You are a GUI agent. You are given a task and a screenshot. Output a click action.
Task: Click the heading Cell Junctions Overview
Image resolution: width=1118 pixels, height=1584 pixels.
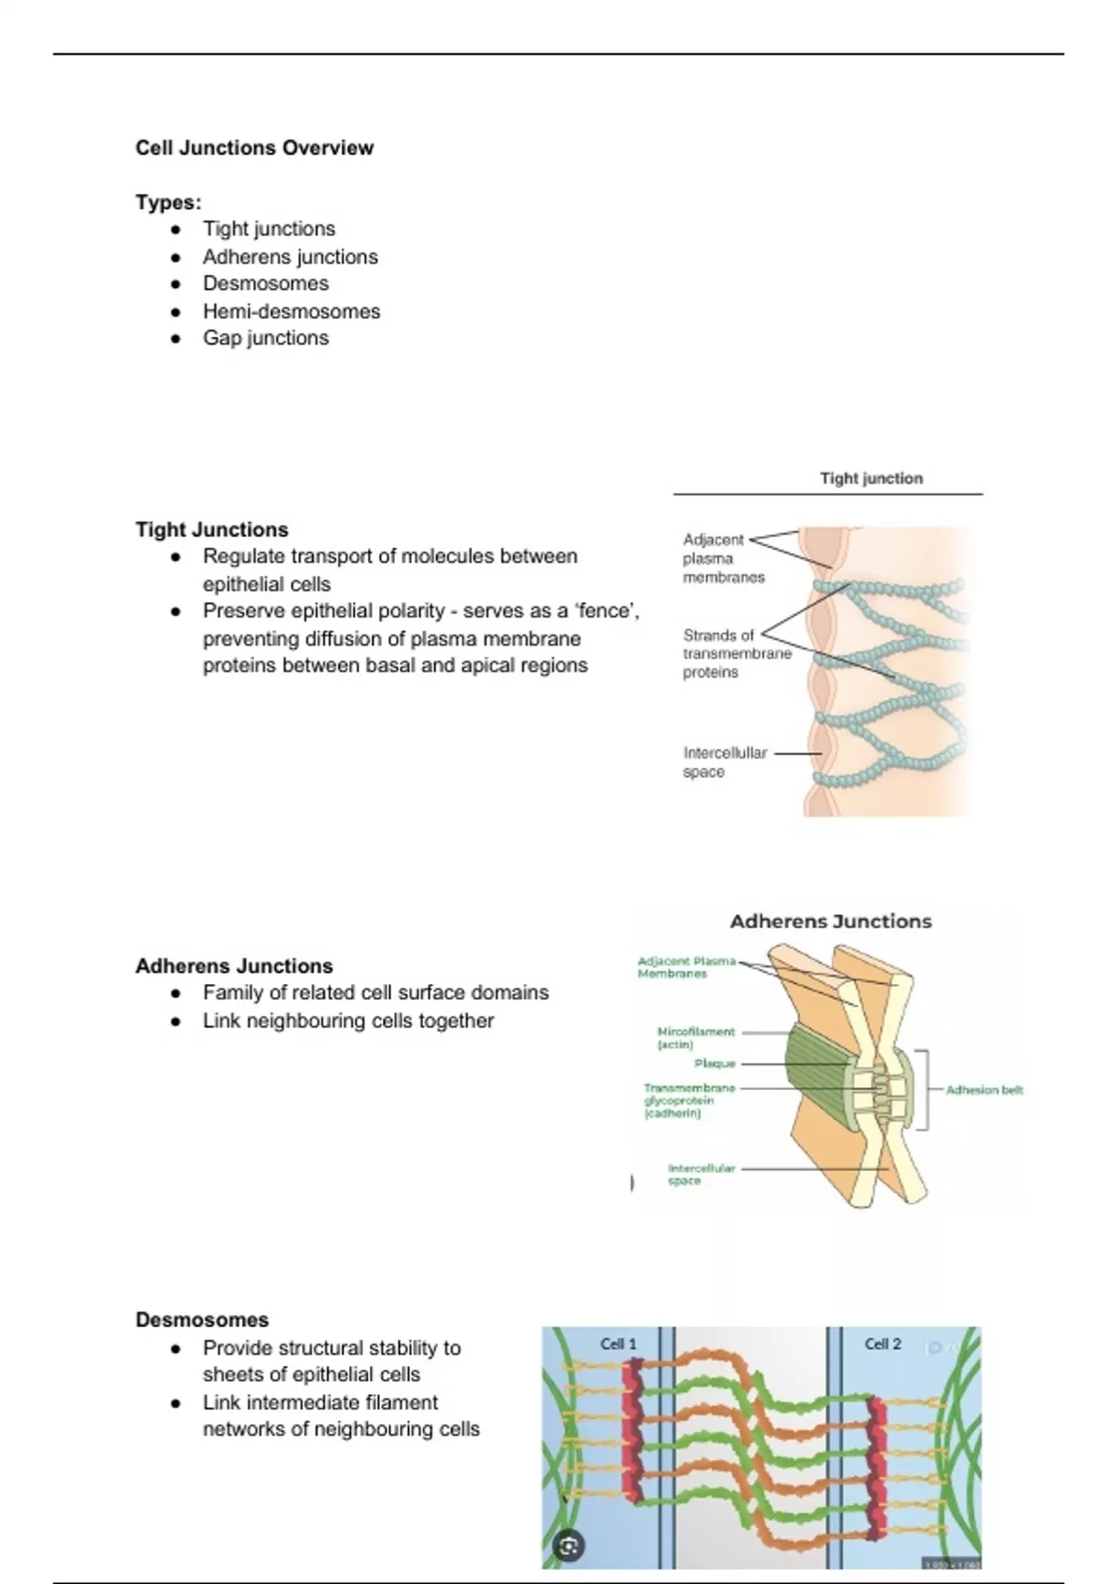[x=254, y=148]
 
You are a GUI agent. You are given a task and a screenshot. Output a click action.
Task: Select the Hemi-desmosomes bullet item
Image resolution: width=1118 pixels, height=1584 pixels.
[x=291, y=311]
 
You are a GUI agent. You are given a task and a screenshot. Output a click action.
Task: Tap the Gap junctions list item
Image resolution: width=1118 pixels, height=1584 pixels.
[x=266, y=338]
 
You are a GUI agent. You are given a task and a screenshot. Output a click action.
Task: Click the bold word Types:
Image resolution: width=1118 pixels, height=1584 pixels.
[x=169, y=202]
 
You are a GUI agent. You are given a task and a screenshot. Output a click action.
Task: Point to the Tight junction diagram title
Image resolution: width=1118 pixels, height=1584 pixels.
[x=871, y=479]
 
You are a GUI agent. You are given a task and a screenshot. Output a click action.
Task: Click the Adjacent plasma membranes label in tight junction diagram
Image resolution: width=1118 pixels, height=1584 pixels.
[x=723, y=558]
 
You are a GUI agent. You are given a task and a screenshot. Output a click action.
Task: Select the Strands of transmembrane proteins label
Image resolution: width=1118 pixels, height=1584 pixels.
[x=736, y=653]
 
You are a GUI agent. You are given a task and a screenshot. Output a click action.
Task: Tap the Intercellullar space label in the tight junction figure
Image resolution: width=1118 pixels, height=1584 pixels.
[x=725, y=762]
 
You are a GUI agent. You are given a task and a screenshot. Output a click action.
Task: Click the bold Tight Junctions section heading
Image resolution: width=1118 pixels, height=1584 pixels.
[x=212, y=530]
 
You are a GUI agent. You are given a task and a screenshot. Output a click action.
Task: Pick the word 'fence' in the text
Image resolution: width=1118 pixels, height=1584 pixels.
[x=605, y=611]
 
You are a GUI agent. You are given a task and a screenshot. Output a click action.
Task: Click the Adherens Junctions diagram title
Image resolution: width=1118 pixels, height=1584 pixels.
[x=830, y=922]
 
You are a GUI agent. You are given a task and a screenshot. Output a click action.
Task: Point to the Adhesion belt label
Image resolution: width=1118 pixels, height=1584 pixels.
[x=984, y=1089]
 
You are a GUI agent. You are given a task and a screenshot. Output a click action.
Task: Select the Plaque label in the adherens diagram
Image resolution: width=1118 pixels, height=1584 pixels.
[x=715, y=1063]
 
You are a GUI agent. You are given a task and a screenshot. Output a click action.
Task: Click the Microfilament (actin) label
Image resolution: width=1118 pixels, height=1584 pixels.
[x=696, y=1038]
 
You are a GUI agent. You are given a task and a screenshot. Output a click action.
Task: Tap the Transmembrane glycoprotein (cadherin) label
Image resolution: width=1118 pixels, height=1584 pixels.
[x=689, y=1100]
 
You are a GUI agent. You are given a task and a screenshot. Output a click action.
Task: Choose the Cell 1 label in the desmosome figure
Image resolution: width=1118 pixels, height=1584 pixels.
[x=619, y=1344]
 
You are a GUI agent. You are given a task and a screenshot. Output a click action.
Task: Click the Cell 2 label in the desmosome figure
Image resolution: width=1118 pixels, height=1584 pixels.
[x=882, y=1344]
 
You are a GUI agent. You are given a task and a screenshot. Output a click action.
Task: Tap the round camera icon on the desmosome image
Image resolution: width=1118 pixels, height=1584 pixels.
[x=568, y=1548]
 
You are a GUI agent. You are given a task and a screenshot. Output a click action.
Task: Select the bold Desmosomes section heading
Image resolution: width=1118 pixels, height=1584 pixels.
[x=202, y=1320]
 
